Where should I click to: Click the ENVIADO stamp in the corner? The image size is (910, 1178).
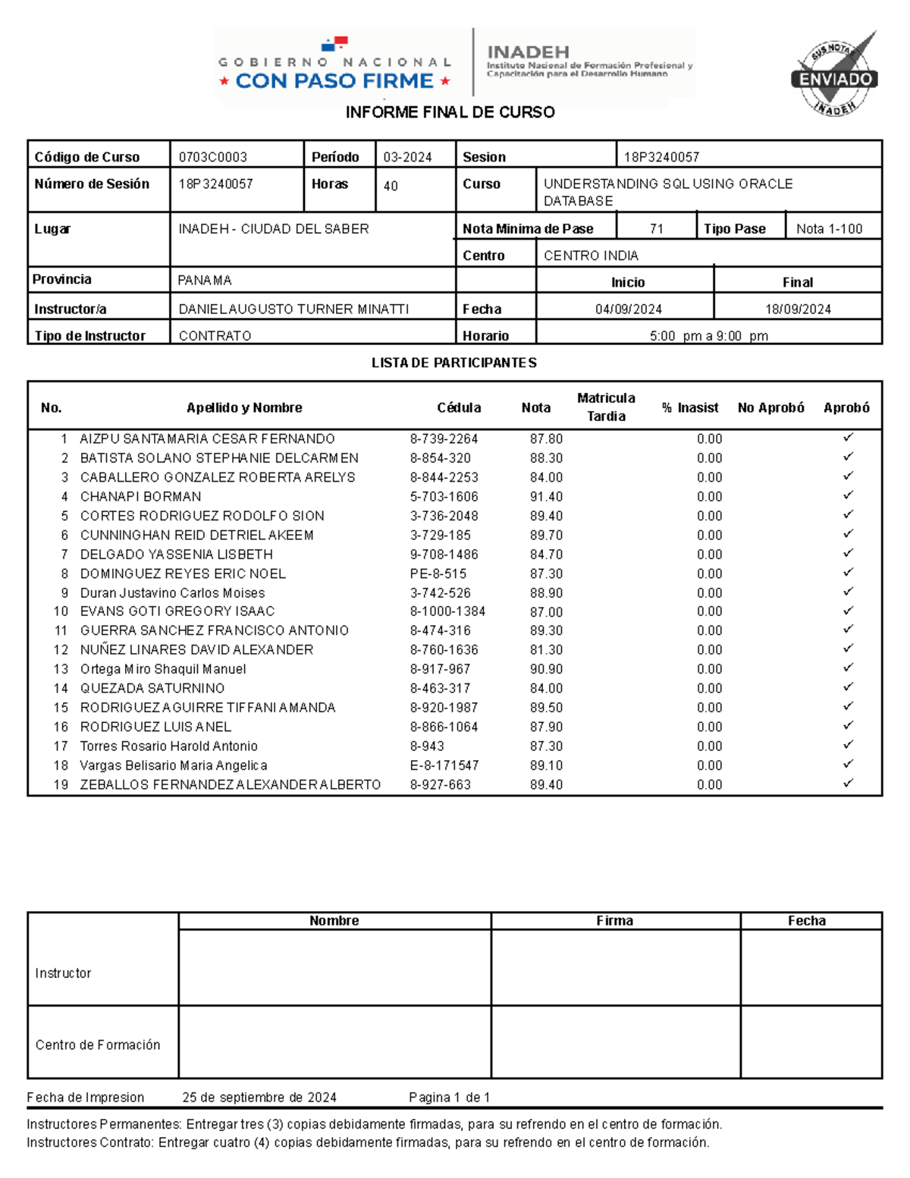(x=834, y=77)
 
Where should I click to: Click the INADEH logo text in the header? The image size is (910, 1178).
(x=528, y=52)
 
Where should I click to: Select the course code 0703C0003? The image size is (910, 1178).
(x=213, y=157)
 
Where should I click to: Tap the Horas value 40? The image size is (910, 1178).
(x=391, y=186)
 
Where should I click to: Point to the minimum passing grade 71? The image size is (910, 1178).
(x=657, y=228)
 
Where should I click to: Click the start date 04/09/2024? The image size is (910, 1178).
(x=628, y=309)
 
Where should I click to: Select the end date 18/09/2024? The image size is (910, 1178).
(x=798, y=309)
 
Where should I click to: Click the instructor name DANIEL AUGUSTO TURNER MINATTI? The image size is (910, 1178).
(x=293, y=309)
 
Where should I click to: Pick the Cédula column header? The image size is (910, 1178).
(x=459, y=407)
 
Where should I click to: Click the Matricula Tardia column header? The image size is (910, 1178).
(x=606, y=407)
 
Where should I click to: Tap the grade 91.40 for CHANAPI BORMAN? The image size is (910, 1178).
(x=546, y=497)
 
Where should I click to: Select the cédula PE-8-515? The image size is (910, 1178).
(x=438, y=573)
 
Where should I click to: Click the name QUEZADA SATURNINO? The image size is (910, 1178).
(x=152, y=688)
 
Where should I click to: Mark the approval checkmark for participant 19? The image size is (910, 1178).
(x=848, y=783)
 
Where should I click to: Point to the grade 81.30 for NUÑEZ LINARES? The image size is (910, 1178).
(x=546, y=649)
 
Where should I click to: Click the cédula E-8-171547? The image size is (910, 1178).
(x=444, y=765)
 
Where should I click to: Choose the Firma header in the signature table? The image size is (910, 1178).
(x=614, y=920)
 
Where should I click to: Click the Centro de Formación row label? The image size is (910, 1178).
(x=98, y=1044)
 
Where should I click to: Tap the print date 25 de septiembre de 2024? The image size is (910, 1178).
(x=259, y=1097)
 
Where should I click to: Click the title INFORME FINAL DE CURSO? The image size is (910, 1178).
(x=450, y=112)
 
